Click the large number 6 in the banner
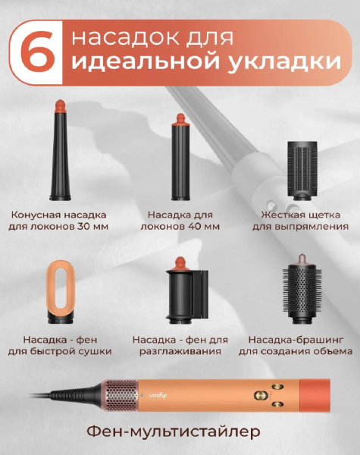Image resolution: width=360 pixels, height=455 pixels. click(37, 52)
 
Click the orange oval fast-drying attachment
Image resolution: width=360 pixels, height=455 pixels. click(61, 292)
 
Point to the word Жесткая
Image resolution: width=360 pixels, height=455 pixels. click(279, 215)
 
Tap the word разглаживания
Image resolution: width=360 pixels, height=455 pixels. click(180, 351)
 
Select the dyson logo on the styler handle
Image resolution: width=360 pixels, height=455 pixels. click(158, 395)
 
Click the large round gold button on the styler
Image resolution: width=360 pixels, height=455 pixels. click(260, 395)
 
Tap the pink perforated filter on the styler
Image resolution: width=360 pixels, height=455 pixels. click(122, 395)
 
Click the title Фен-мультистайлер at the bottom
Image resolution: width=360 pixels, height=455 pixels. click(174, 432)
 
